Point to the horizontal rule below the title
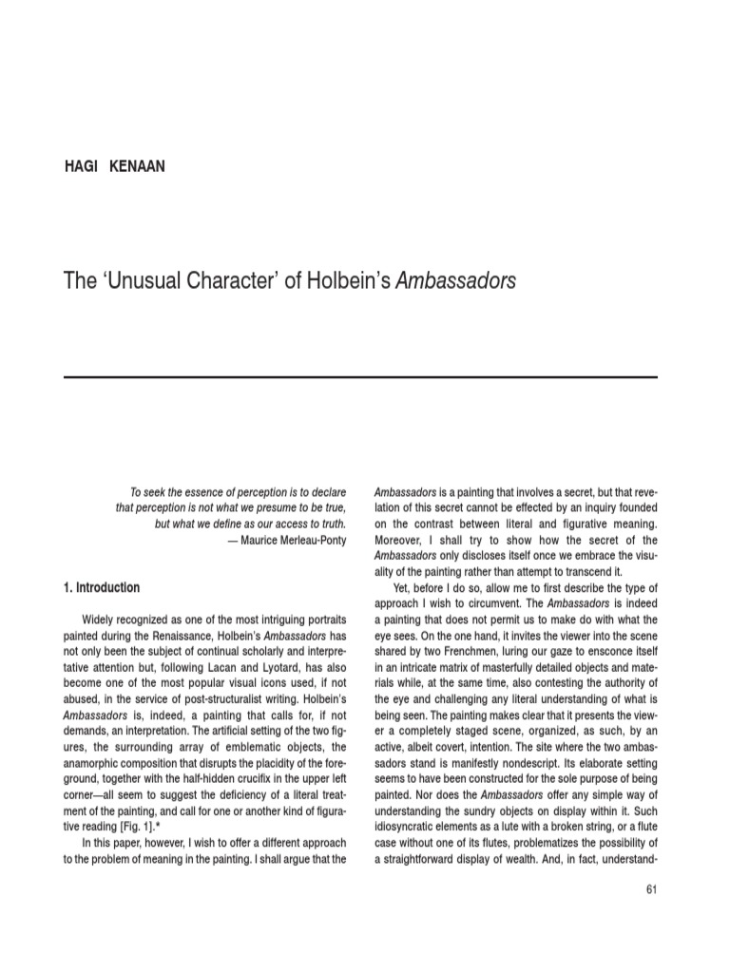[x=360, y=377]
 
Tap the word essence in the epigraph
[x=198, y=492]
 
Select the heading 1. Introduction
[x=101, y=587]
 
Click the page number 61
[x=650, y=889]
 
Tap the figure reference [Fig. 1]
[x=137, y=817]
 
